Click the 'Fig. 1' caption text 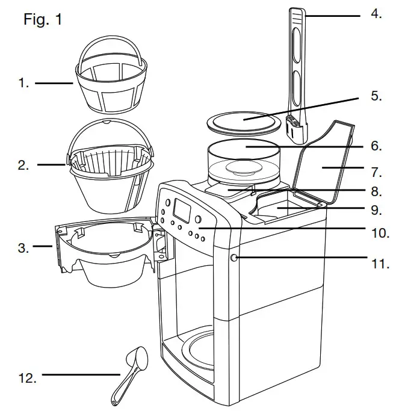point(42,19)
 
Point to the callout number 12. point(27,378)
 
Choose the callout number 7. point(376,172)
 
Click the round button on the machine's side point(234,258)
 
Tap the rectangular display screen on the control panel point(182,209)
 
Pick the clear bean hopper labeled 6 point(244,159)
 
